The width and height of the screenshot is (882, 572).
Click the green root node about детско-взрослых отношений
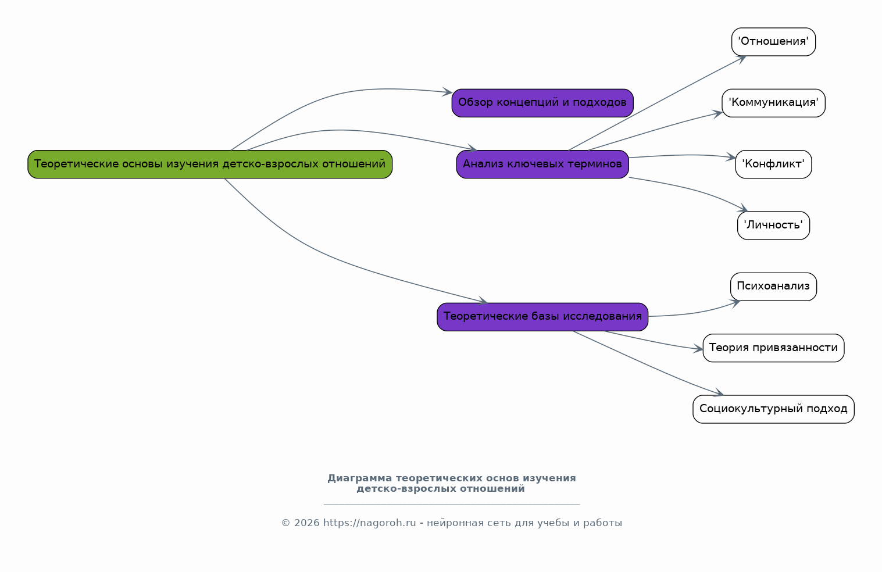pos(210,164)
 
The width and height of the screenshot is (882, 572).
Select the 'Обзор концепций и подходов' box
pos(542,103)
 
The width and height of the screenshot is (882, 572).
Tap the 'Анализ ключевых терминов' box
pos(542,164)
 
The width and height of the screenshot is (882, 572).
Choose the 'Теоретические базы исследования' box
pos(542,317)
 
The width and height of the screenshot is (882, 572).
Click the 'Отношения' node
pos(773,42)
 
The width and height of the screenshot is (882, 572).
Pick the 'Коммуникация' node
pos(773,103)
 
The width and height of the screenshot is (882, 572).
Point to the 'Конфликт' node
pos(773,164)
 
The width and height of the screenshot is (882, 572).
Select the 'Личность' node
pos(773,225)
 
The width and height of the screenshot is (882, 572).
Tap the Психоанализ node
pos(773,287)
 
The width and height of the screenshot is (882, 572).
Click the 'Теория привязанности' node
pos(773,348)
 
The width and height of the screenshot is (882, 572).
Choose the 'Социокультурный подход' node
pos(773,409)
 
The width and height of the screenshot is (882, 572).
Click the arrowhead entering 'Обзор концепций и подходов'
pos(448,92)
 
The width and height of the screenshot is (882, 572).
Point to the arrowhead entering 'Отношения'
pos(742,59)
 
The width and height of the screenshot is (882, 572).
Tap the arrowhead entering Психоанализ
pos(735,303)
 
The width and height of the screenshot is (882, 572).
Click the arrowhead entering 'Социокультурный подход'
pos(719,392)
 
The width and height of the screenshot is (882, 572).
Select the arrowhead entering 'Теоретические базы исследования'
pos(483,301)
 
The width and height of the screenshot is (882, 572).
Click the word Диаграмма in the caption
pos(359,478)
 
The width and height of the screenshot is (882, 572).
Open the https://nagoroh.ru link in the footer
pos(369,523)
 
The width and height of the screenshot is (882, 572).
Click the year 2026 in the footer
pos(307,523)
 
